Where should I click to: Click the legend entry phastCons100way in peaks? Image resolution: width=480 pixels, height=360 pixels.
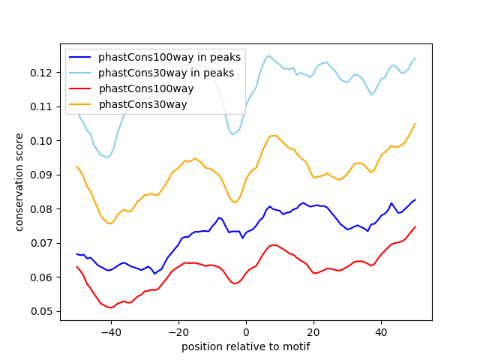[169, 57]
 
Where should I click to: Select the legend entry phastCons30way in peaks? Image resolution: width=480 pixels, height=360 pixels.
[166, 73]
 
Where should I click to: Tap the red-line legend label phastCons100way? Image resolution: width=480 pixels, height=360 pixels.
[146, 88]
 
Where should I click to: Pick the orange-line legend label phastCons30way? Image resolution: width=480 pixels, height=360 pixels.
[142, 104]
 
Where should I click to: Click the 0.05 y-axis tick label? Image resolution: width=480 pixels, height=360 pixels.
[41, 312]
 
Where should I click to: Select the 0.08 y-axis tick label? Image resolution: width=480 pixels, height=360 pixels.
[41, 209]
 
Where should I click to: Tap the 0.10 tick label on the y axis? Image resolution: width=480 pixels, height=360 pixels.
[41, 141]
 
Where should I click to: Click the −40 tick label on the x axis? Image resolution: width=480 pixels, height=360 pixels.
[111, 332]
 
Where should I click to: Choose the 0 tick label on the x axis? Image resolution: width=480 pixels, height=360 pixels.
[246, 332]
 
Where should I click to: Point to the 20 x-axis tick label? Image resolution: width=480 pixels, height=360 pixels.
[313, 332]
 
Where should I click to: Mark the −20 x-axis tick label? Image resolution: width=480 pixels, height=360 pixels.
[178, 332]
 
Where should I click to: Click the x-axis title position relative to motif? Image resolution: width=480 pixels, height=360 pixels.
[246, 346]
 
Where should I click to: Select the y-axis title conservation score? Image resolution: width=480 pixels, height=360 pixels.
[19, 182]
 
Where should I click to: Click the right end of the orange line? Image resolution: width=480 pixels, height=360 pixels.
[415, 124]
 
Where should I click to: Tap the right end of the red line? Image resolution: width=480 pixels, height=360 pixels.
[415, 226]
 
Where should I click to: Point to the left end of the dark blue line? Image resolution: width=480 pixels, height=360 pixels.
[76, 253]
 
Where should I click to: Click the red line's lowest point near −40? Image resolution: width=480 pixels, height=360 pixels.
[110, 307]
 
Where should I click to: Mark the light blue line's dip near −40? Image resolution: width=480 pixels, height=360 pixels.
[107, 157]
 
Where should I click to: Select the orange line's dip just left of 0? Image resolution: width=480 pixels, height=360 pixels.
[235, 202]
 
